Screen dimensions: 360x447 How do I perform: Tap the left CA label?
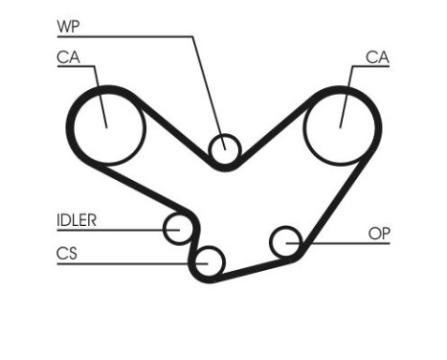[67, 58]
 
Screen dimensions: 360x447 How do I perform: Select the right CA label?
[377, 58]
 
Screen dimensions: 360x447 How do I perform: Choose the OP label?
[379, 233]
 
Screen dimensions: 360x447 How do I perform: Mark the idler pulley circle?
[177, 229]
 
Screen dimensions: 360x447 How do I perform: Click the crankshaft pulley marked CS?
[208, 259]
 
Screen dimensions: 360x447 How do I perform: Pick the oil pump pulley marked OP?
[284, 242]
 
